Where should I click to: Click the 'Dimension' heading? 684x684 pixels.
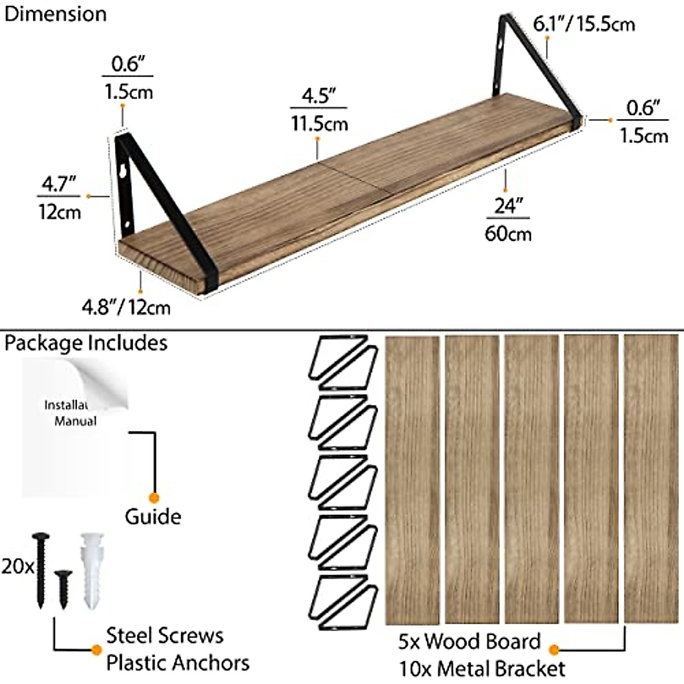[x=55, y=14]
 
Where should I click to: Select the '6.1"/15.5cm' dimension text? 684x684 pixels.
[x=584, y=24]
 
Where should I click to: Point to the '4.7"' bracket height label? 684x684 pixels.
[x=58, y=185]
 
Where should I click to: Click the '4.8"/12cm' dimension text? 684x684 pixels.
[x=126, y=308]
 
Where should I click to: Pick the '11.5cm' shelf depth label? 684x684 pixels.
[x=319, y=123]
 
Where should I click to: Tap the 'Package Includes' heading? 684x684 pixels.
[x=86, y=343]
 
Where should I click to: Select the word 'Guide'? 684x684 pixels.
[x=153, y=516]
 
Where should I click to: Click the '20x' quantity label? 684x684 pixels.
[x=17, y=568]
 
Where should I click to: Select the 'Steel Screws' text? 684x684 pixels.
[x=165, y=636]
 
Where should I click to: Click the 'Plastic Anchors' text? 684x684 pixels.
[x=178, y=663]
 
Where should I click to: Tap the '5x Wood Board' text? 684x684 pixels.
[x=469, y=641]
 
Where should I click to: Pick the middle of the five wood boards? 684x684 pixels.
[x=531, y=479]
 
